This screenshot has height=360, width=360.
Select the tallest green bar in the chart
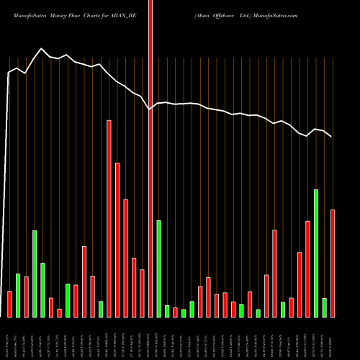(x=316, y=253)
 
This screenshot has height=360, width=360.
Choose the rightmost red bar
(x=333, y=263)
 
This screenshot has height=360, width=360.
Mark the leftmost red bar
(x=9, y=304)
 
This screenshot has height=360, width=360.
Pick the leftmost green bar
(x=18, y=295)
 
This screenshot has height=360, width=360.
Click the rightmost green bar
(x=325, y=307)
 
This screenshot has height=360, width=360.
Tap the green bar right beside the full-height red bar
(x=159, y=269)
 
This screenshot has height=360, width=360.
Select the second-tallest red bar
(x=117, y=240)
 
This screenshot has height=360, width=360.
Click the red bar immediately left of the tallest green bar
(x=308, y=269)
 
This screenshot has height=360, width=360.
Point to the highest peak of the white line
(x=41, y=49)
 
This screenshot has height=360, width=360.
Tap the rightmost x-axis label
(x=333, y=338)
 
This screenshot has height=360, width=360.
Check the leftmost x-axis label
(x=9, y=338)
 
